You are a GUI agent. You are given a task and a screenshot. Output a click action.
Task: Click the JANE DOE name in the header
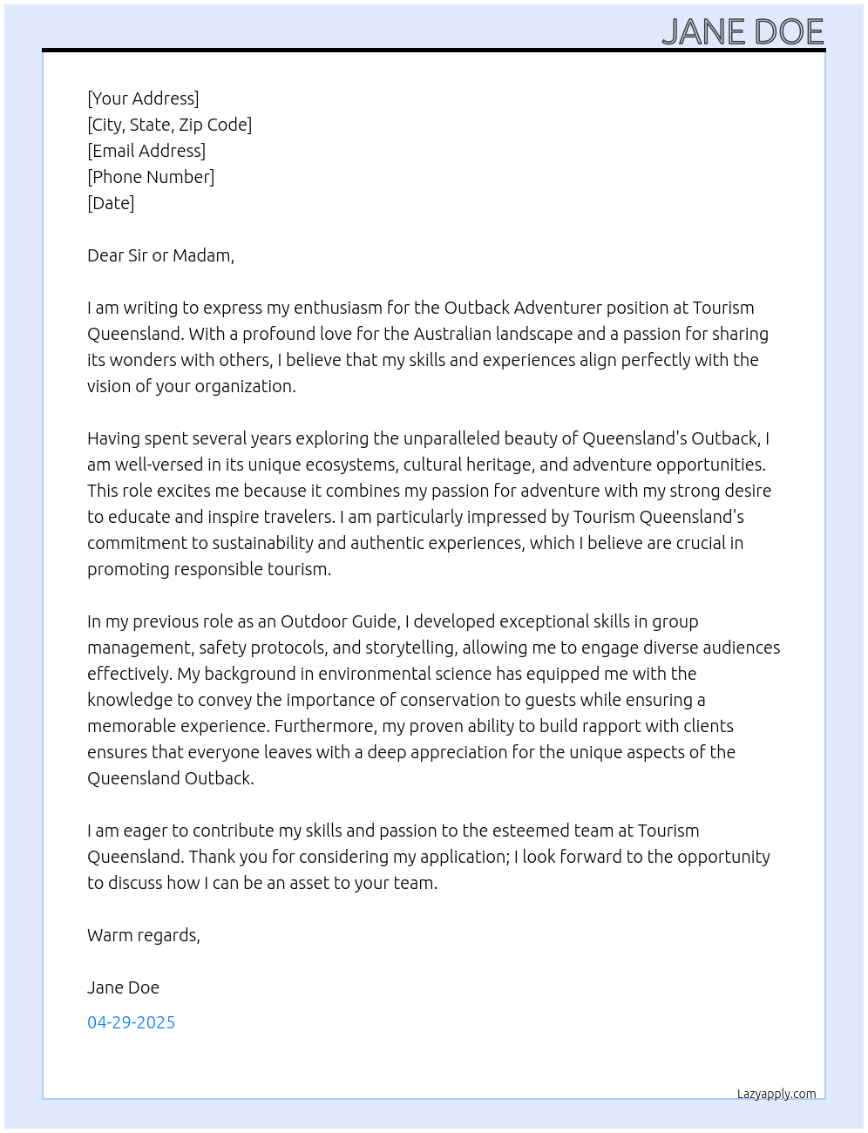(743, 32)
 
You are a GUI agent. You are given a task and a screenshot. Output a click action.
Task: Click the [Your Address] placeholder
(143, 98)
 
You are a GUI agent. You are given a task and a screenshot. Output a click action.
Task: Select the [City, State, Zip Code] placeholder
(169, 125)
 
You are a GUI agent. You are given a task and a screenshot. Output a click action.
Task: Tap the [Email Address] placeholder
(146, 151)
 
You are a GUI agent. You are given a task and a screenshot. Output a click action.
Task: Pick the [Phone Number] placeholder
(151, 177)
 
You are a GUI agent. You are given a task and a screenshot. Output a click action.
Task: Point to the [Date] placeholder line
(111, 203)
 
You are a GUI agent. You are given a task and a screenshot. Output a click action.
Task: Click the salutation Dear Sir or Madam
(160, 255)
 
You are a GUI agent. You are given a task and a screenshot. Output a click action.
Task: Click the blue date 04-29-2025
(131, 1022)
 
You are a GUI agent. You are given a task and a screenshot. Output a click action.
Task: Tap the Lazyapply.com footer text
(776, 1094)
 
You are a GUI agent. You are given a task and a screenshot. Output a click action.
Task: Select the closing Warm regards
(143, 935)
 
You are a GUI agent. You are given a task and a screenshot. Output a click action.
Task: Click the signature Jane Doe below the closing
(123, 987)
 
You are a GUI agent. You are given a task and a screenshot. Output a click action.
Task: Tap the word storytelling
(410, 648)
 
